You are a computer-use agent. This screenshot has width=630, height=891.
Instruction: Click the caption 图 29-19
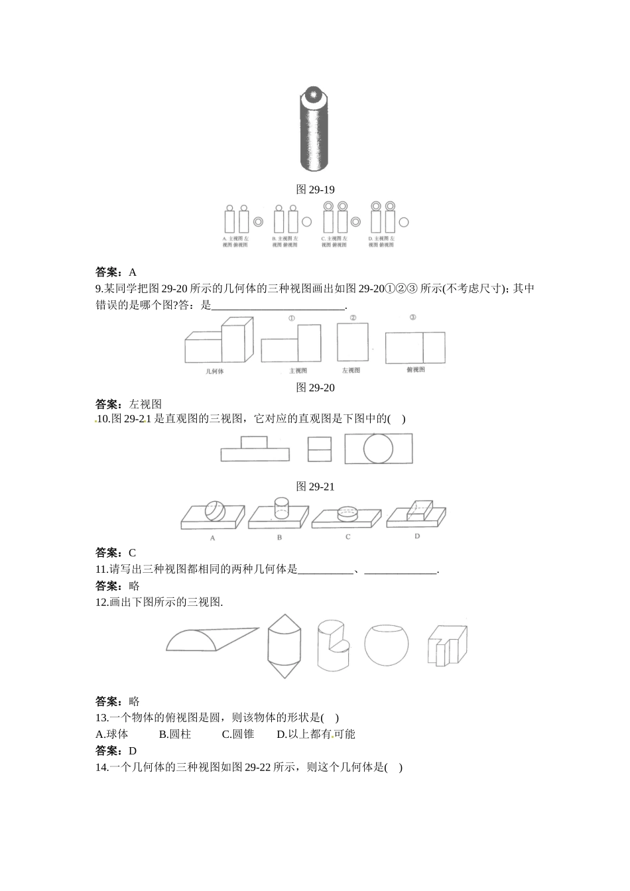pos(315,190)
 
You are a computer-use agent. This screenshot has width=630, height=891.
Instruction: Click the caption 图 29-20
pos(315,388)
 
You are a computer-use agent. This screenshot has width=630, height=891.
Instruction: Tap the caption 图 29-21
pos(315,487)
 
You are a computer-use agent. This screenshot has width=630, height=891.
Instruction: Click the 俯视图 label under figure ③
pos(416,370)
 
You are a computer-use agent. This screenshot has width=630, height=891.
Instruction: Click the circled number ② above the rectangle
pos(353,318)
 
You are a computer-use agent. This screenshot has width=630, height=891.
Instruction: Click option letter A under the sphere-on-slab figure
pos(213,538)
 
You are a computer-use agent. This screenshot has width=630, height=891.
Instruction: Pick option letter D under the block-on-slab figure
pos(417,536)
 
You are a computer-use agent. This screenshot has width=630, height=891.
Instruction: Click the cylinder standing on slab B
pos(281,507)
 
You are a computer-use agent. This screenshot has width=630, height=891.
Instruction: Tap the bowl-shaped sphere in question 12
pos(386,644)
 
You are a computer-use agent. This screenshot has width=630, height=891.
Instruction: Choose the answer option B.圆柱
pos(175,734)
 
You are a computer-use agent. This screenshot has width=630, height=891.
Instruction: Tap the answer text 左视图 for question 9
pos(145,404)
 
